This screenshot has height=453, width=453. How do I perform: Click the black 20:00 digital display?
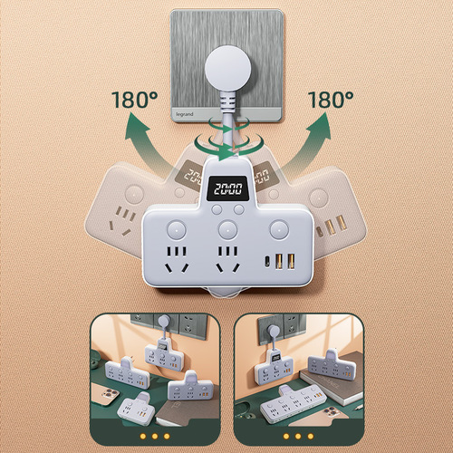point(226,191)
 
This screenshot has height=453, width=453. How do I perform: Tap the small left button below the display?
point(215,210)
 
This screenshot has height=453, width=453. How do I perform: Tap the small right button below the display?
point(237,210)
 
